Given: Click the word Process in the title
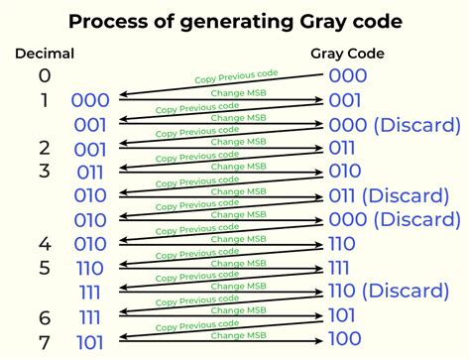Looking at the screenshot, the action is click(x=108, y=21).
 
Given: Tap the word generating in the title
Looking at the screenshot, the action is click(x=237, y=23).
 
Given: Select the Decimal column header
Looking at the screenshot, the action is click(x=45, y=54).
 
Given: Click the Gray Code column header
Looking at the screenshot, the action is click(x=347, y=54).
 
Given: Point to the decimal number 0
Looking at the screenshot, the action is click(x=45, y=75).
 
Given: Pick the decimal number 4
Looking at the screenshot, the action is click(x=45, y=244).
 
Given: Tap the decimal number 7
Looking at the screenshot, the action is click(x=45, y=342).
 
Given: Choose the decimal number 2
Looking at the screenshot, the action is click(x=45, y=148).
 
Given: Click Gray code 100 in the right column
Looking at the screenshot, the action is click(x=345, y=338).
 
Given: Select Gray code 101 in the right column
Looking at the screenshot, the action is click(x=342, y=315).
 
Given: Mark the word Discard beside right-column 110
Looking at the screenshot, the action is click(x=406, y=291).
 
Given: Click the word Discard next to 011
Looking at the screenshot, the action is click(x=406, y=195).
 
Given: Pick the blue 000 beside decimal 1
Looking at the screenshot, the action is click(x=90, y=100).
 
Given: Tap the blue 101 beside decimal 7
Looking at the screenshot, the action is click(x=90, y=342).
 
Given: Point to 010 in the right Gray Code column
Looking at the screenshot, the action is click(x=345, y=171).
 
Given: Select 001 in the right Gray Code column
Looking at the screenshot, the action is click(x=345, y=100).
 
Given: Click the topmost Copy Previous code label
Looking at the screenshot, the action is click(x=236, y=76).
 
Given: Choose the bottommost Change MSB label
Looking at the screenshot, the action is click(x=239, y=335).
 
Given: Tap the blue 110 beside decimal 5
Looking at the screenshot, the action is click(x=90, y=268).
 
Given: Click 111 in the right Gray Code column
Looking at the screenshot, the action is click(x=339, y=268).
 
